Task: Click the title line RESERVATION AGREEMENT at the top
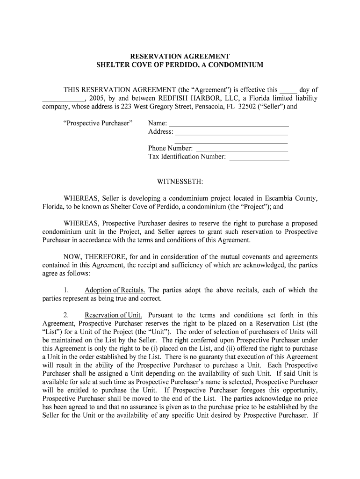click(x=180, y=56)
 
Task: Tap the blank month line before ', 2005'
click(x=63, y=99)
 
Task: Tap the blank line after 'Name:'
click(x=228, y=124)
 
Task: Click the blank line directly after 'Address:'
click(x=231, y=132)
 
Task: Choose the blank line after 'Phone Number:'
click(x=241, y=149)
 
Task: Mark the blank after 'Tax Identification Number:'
click(x=259, y=157)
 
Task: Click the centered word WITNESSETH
click(x=180, y=181)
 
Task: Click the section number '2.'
click(x=66, y=315)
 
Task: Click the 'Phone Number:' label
click(x=170, y=149)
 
